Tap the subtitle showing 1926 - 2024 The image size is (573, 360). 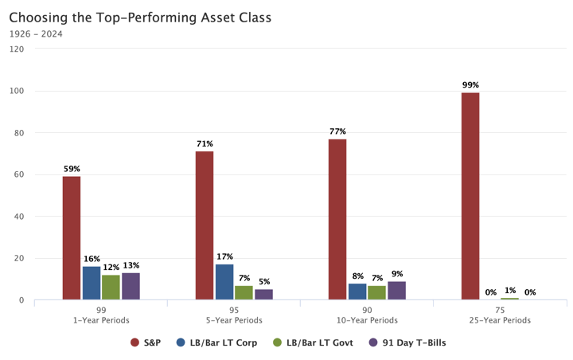point(36,33)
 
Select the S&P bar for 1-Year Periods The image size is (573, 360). point(72,238)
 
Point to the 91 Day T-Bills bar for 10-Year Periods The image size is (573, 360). point(396,291)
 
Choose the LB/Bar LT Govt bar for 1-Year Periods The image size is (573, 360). point(111,288)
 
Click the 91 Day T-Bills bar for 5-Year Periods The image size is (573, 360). point(263,295)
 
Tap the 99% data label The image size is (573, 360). point(470,84)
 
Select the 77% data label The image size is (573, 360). point(337,131)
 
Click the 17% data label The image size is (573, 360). point(224,256)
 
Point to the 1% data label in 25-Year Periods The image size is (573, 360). point(509,292)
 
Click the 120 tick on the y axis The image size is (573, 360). point(17,49)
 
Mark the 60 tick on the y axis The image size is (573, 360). point(19,174)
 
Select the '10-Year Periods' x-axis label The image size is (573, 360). point(367,320)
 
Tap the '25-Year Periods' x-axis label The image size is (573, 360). point(500,320)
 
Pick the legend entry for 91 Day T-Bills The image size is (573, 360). point(407,342)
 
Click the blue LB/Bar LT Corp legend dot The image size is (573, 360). point(181,342)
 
